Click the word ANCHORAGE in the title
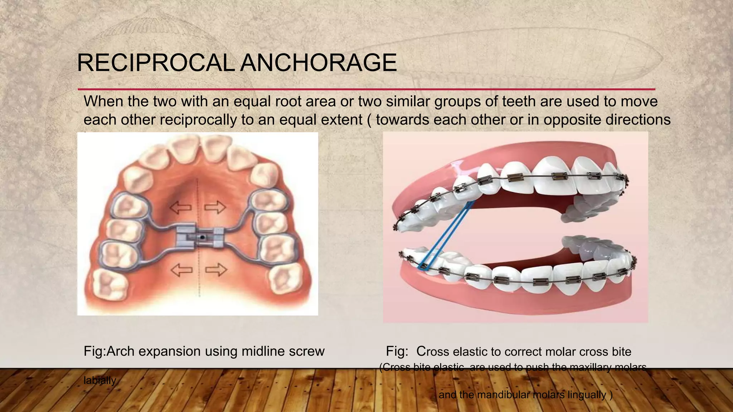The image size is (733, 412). [x=319, y=63]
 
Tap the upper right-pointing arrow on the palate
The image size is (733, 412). [x=215, y=207]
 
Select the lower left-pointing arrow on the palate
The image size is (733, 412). [x=181, y=270]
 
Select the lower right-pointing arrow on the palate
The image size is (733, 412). [x=216, y=270]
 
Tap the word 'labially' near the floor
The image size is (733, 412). [x=100, y=380]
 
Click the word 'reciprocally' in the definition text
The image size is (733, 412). [x=198, y=120]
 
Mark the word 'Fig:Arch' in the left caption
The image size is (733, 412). [x=108, y=351]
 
